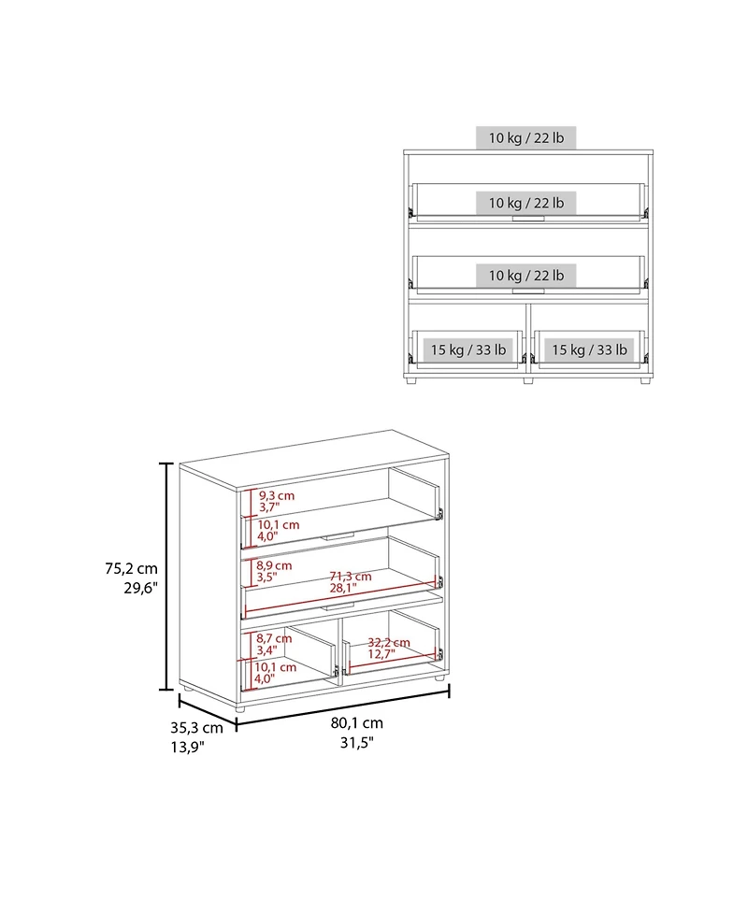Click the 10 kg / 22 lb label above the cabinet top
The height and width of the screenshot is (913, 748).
click(525, 138)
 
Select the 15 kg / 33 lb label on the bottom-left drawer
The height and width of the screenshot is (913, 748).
click(467, 350)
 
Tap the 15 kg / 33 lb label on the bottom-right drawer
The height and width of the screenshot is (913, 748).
click(588, 350)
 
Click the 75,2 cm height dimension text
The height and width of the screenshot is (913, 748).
click(131, 568)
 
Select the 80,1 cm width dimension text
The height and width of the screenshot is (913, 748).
click(356, 723)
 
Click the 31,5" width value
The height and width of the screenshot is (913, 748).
click(356, 743)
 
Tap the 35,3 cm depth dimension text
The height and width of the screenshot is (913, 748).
click(196, 727)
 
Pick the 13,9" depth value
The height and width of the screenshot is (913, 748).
click(187, 747)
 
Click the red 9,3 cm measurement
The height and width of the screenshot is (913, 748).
click(277, 494)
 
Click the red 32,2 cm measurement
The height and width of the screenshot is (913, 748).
click(389, 642)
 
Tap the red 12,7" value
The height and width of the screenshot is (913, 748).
click(381, 653)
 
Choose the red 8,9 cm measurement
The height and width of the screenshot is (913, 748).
click(275, 565)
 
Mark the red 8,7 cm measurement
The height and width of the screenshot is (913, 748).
click(275, 637)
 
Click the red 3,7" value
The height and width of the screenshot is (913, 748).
click(270, 506)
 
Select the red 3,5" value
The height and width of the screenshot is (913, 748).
click(268, 578)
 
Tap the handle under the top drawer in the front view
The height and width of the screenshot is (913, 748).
click(527, 220)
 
